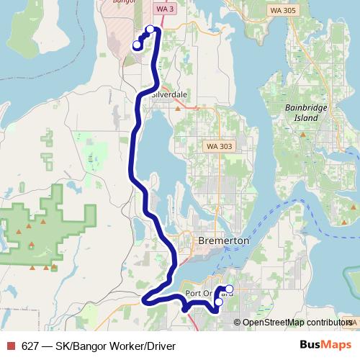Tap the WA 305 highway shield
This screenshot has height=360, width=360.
[282, 11]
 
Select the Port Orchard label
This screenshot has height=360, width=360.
[208, 294]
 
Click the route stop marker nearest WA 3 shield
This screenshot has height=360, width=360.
[150, 30]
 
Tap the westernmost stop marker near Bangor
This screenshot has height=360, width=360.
[137, 45]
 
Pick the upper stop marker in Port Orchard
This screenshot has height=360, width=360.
[230, 289]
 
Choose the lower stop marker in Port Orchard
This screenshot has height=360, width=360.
[219, 302]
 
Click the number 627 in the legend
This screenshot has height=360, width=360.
[31, 346]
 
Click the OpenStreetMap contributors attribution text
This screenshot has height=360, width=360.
[297, 323]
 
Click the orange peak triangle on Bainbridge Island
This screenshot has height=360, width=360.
[303, 134]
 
